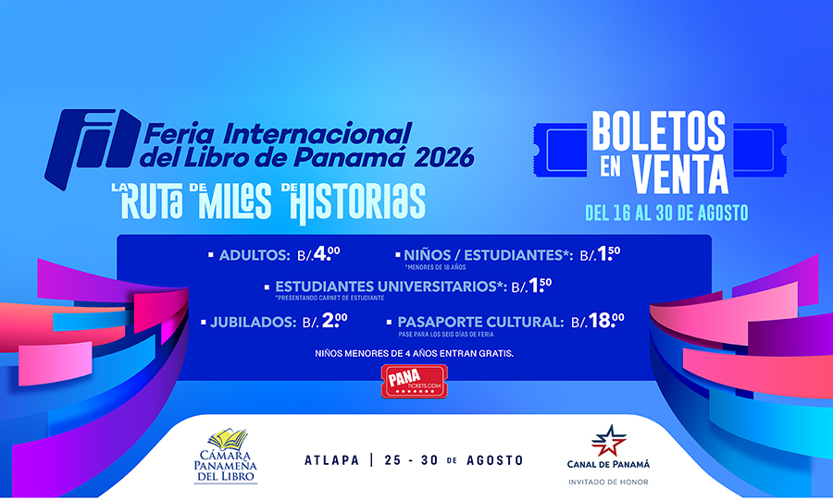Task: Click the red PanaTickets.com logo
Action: [415, 381]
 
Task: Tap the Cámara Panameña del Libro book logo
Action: [227, 456]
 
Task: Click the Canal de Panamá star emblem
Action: [609, 441]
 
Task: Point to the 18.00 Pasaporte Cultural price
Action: [606, 321]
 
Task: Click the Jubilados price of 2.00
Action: [335, 321]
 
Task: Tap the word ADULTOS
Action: [255, 255]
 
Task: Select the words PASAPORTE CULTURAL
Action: [480, 323]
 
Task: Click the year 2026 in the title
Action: [444, 158]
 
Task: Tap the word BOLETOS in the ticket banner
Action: [659, 131]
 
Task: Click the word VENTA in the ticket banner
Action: [680, 174]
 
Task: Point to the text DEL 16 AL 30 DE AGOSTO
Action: [666, 213]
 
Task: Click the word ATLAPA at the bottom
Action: [332, 460]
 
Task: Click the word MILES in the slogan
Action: [235, 201]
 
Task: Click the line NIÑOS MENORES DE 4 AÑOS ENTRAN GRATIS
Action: [415, 353]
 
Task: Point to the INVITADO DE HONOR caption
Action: [608, 483]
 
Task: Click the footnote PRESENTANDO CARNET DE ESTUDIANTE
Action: [329, 299]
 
